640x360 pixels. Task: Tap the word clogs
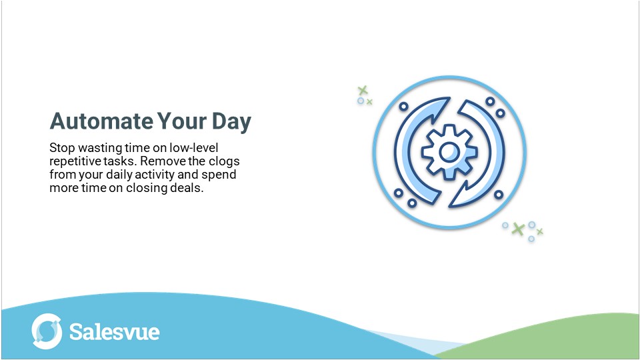tap(223, 161)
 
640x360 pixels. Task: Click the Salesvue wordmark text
tap(115, 331)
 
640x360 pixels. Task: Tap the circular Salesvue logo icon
tap(47, 331)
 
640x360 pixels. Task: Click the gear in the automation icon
tap(449, 153)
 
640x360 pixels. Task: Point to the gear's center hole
tap(449, 153)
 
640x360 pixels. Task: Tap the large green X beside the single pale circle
tap(362, 90)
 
